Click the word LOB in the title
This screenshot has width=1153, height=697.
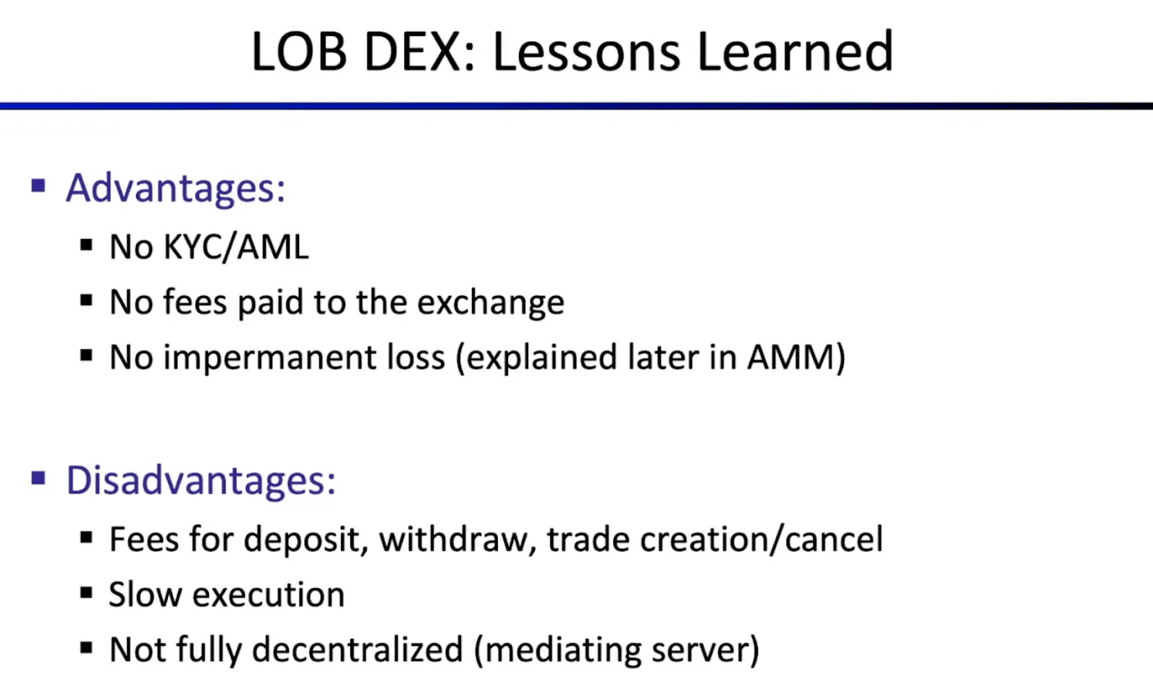(x=298, y=52)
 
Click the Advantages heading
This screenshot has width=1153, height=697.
(x=175, y=187)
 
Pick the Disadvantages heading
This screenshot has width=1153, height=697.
(x=201, y=480)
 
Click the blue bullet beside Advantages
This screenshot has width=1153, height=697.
(x=38, y=186)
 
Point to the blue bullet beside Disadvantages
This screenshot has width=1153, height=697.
(x=38, y=478)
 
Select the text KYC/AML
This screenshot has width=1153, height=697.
(x=236, y=247)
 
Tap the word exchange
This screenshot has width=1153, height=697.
(x=490, y=303)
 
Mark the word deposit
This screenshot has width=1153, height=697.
(x=305, y=540)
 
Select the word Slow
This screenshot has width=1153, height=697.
(x=145, y=594)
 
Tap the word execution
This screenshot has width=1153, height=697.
(x=268, y=594)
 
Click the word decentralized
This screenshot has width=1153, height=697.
(x=358, y=649)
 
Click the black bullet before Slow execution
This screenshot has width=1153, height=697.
(x=87, y=593)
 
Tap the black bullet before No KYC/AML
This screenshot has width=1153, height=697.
(x=87, y=245)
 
